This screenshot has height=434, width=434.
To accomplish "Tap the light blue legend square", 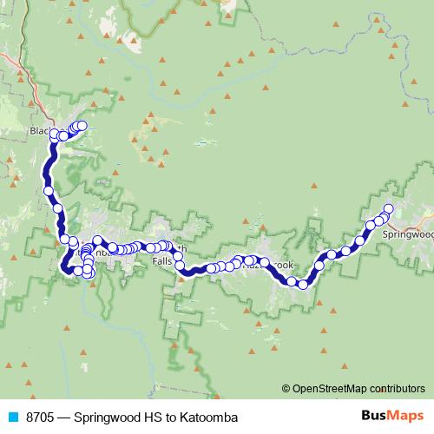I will click(10, 418).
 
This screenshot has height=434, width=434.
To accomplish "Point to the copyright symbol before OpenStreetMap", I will click(286, 389).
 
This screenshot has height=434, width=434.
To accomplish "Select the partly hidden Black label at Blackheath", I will click(40, 131).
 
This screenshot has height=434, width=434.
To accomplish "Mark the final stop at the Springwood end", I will click(388, 208).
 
